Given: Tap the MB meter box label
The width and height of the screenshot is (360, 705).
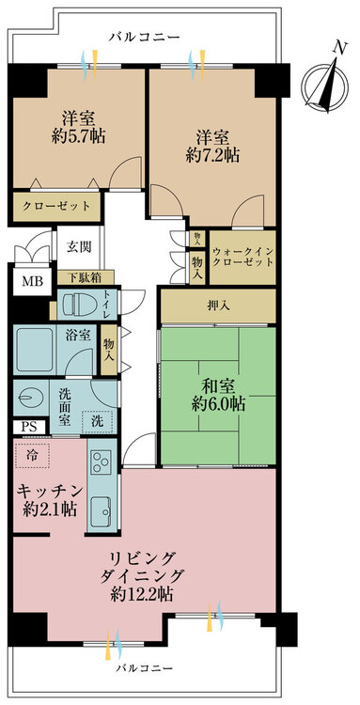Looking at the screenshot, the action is [x=32, y=281].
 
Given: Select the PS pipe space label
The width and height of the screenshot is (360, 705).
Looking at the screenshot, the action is [x=30, y=426].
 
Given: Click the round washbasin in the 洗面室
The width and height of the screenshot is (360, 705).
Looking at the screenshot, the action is [x=30, y=398].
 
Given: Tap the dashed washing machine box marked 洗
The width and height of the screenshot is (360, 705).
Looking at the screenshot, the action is [x=97, y=422].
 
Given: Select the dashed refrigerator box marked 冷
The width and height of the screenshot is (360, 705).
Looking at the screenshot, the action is [x=32, y=454].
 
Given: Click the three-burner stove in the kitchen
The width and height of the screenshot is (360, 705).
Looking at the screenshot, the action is [x=102, y=462].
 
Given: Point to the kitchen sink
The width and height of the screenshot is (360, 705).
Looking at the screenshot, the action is [x=102, y=510].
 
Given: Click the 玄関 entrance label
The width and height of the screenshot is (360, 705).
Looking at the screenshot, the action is [x=79, y=246].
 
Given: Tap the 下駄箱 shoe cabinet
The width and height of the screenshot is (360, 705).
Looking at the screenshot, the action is [x=86, y=277].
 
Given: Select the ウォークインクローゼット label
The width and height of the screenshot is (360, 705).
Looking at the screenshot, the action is [x=243, y=256].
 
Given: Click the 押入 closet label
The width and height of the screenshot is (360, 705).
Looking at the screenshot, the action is [x=219, y=306].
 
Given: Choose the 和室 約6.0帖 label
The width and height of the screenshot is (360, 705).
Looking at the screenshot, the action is [x=218, y=395].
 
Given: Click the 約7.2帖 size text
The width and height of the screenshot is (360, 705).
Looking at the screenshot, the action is [x=212, y=155].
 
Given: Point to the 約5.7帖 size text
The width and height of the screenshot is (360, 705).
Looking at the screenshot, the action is [x=79, y=134].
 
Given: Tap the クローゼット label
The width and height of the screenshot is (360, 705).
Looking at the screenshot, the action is [x=56, y=207].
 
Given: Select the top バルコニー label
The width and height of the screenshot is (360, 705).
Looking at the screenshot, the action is [x=144, y=37].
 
